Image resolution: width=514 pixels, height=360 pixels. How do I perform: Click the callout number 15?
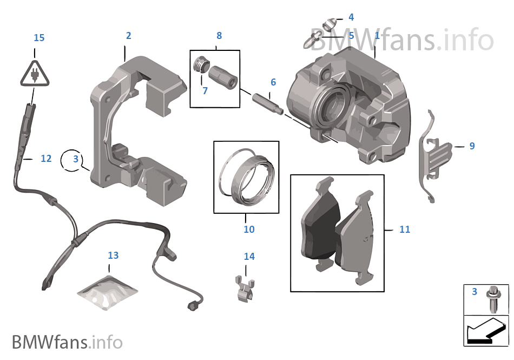click(39, 38)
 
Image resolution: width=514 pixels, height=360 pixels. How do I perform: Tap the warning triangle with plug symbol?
click(34, 74)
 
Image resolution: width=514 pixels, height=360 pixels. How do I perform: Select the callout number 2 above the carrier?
click(128, 36)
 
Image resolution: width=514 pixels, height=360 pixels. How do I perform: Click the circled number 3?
click(76, 159)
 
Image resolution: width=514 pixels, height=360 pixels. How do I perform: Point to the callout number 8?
click(219, 36)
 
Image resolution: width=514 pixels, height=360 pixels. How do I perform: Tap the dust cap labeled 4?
click(328, 24)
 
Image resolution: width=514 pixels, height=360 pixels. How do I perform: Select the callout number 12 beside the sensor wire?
click(46, 159)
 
